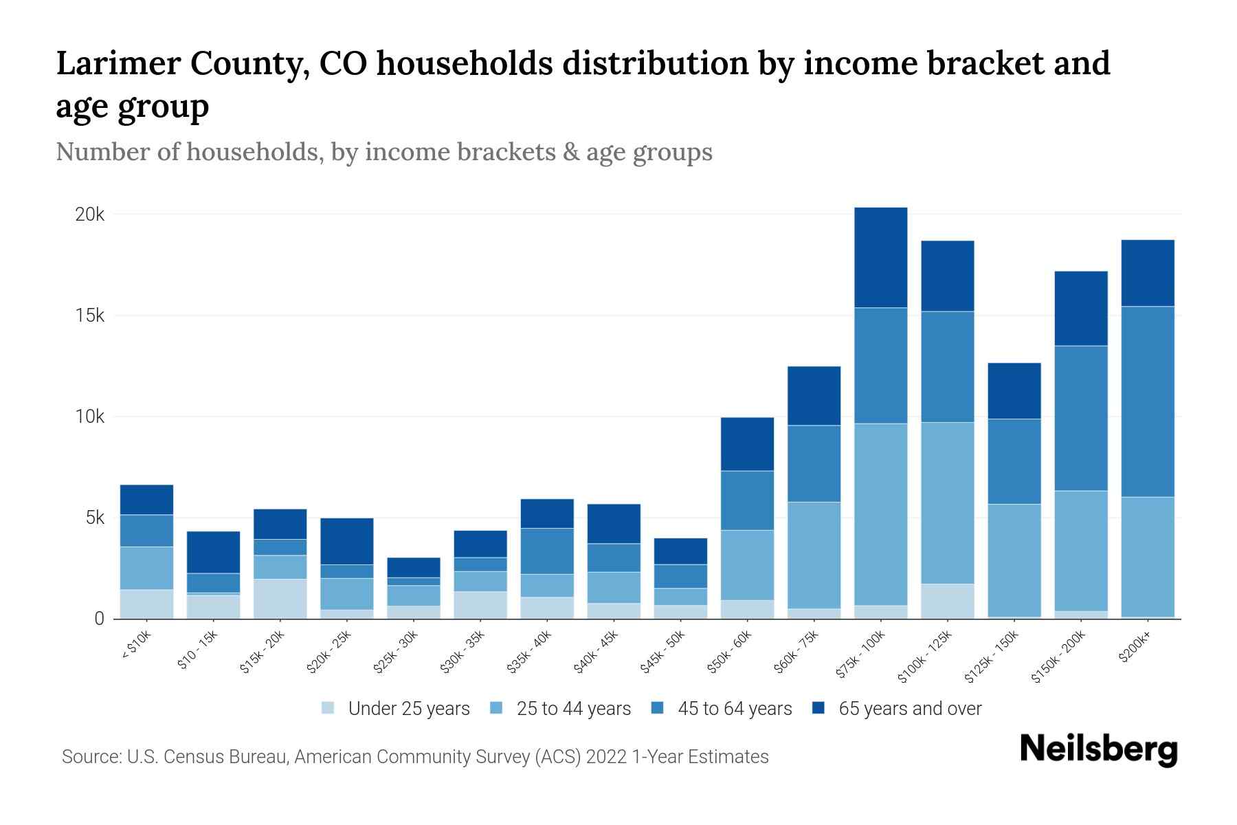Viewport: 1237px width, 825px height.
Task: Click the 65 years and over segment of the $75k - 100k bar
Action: [880, 257]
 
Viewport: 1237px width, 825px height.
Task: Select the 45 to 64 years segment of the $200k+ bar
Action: [1148, 401]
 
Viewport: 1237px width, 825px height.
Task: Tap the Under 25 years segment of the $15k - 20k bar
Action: [280, 598]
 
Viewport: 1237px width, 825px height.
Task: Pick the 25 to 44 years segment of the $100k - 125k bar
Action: [947, 503]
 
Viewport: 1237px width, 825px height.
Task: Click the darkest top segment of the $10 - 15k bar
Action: [213, 552]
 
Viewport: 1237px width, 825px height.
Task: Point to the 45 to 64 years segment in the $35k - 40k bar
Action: [547, 551]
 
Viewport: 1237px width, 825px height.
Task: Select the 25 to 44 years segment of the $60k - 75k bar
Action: [814, 555]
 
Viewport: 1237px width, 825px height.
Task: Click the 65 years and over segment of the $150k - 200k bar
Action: [1081, 308]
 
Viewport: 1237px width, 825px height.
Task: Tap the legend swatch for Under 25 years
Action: [328, 708]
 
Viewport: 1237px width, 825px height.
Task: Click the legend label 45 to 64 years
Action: [734, 709]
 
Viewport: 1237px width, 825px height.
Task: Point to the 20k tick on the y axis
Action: [89, 214]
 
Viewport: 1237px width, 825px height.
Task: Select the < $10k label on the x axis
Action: [136, 646]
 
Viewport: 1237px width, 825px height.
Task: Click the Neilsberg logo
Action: [1098, 749]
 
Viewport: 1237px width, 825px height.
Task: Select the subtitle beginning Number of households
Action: [383, 152]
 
